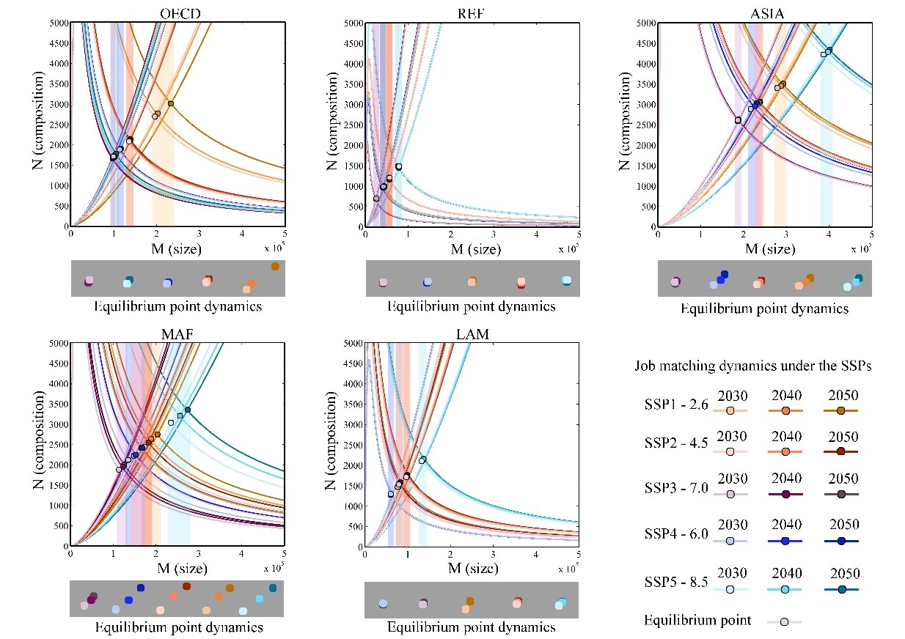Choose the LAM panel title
point(471,334)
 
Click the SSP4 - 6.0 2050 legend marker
point(841,541)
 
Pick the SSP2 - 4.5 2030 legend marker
point(730,452)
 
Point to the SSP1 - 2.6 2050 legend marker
point(841,410)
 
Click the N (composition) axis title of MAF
point(41,445)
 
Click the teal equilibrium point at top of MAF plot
point(188,410)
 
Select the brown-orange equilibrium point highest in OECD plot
point(171,103)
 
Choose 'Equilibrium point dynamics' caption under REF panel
point(471,306)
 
